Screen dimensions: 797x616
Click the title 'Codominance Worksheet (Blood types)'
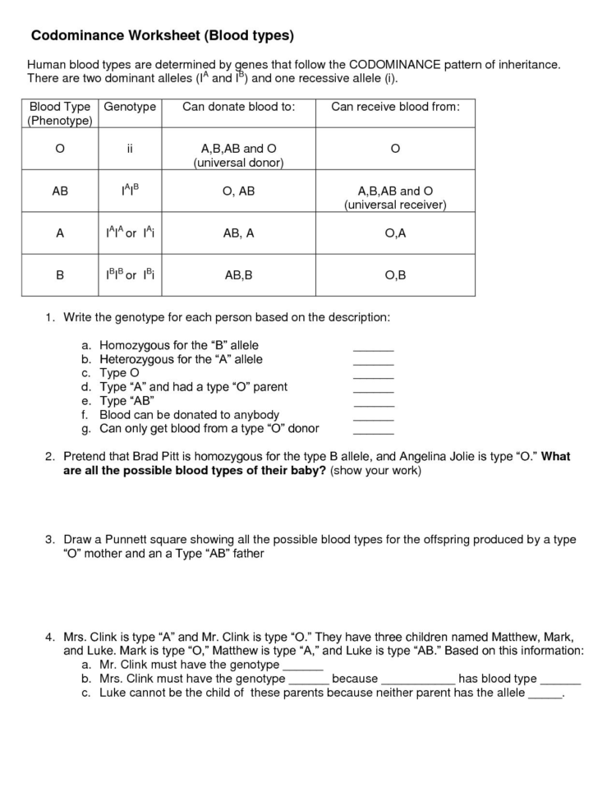point(162,36)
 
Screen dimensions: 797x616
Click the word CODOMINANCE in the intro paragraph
point(398,63)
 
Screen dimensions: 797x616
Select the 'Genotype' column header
point(130,107)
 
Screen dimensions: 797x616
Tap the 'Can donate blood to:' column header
point(238,107)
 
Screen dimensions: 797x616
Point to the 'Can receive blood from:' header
point(395,107)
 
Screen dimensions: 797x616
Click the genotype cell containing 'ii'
point(130,149)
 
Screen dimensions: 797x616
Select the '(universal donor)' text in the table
point(238,163)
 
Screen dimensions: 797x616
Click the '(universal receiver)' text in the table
point(395,205)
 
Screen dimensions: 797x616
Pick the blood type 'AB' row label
point(60,191)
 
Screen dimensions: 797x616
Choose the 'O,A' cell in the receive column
point(395,233)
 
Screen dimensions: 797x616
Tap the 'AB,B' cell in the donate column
point(238,275)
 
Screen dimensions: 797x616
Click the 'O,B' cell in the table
point(395,275)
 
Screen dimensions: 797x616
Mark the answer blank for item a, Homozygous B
point(373,348)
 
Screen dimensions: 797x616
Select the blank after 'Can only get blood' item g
point(373,431)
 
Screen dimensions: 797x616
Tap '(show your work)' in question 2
point(375,471)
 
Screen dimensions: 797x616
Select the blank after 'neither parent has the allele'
point(545,694)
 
